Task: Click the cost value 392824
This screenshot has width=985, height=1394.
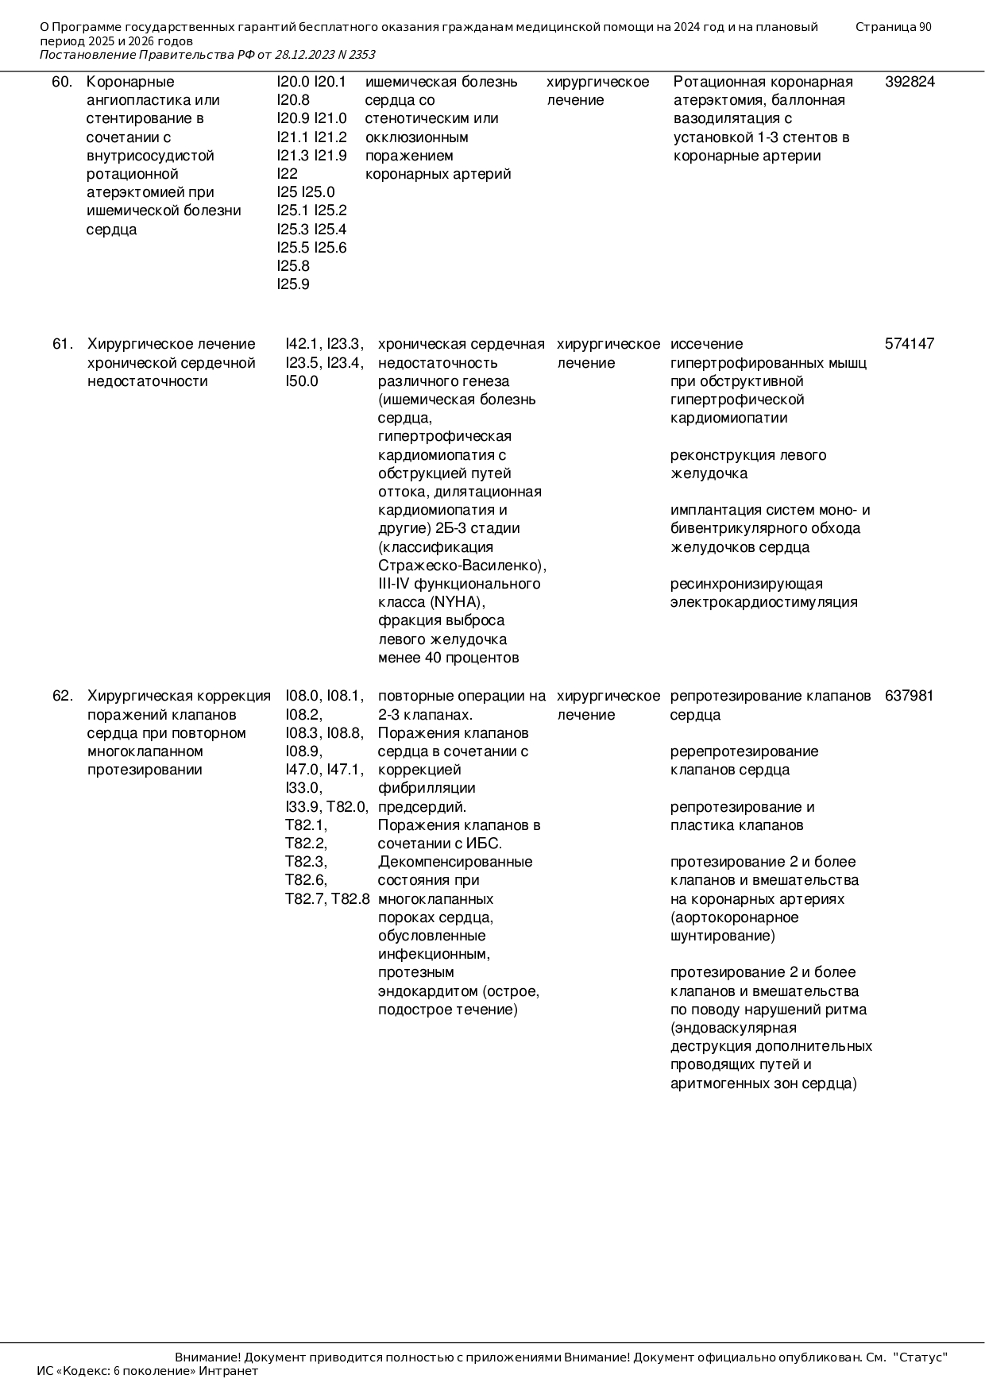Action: [x=910, y=82]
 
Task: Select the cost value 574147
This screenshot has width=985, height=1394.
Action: [x=910, y=344]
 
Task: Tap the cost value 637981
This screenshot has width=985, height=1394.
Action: [x=910, y=696]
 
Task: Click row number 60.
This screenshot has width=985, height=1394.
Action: [x=62, y=82]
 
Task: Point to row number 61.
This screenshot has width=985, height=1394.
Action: [x=63, y=344]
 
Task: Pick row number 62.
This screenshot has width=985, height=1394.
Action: [x=63, y=696]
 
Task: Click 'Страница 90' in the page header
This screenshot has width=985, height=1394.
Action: [x=893, y=27]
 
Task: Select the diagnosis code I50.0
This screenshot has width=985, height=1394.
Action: [x=302, y=381]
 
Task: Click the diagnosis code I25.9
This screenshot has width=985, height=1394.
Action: [x=293, y=284]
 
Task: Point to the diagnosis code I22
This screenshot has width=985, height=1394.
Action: [x=287, y=174]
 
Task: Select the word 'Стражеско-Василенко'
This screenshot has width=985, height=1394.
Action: [x=460, y=566]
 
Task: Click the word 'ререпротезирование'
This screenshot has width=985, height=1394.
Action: [x=744, y=751]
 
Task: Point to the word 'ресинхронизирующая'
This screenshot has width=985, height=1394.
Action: [x=746, y=584]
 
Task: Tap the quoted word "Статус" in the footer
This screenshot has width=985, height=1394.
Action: [x=921, y=1357]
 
